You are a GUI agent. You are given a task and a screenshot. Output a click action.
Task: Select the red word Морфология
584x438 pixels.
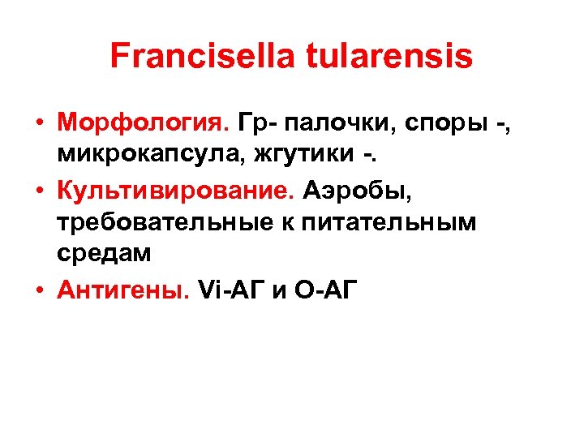click(x=143, y=122)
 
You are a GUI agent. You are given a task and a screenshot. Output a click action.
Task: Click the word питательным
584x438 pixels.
click(x=389, y=222)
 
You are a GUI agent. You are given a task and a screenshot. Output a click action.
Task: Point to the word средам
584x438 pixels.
click(x=104, y=252)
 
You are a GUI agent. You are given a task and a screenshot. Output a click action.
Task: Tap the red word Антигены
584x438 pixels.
click(x=122, y=290)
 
